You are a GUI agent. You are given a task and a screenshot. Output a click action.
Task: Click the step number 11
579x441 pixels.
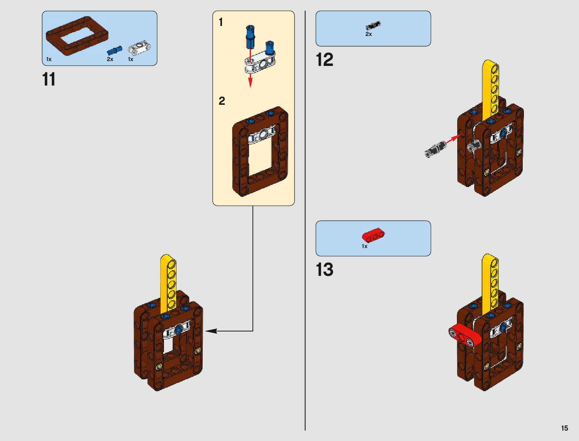click(x=48, y=79)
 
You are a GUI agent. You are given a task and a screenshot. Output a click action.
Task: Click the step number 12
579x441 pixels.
click(x=324, y=60)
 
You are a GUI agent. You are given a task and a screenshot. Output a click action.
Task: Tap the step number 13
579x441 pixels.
click(x=324, y=270)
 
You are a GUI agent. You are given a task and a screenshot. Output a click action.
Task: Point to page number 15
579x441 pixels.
click(x=564, y=428)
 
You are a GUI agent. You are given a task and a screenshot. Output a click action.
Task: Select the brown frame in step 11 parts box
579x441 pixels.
click(x=77, y=36)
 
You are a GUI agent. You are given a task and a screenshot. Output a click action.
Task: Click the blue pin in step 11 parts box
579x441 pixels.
click(x=114, y=50)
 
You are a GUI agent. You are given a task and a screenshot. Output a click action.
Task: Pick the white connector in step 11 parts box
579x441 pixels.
click(x=139, y=48)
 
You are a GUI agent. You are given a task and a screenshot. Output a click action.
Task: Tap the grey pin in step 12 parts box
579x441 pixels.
click(x=373, y=26)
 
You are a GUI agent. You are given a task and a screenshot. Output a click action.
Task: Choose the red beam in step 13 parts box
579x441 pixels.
click(x=373, y=235)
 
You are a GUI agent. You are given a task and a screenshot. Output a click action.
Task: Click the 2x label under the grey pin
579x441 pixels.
click(x=368, y=34)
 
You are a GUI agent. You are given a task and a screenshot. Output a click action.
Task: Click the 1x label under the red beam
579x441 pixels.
click(x=364, y=246)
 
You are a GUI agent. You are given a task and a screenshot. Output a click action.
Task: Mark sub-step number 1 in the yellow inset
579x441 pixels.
click(x=221, y=22)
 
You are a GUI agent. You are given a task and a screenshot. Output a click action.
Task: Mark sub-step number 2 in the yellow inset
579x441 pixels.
click(x=222, y=101)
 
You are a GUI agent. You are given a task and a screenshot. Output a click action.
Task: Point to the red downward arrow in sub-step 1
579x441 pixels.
click(x=250, y=79)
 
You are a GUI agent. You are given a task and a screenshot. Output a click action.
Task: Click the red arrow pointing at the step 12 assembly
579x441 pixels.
click(x=453, y=140)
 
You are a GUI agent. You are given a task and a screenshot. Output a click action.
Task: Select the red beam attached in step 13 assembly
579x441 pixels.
click(x=464, y=335)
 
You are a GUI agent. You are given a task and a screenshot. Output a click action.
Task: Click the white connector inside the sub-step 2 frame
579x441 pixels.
click(x=262, y=135)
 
